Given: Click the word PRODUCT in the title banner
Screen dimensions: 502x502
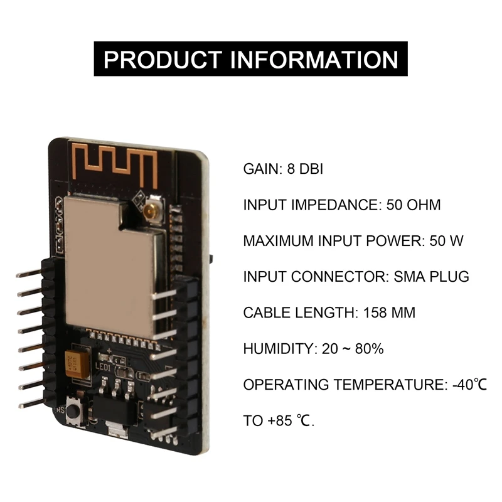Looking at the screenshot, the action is point(163,60).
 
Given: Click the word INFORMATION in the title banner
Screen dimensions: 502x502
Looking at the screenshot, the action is point(315,60).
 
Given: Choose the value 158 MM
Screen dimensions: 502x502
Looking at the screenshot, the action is point(386,312).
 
